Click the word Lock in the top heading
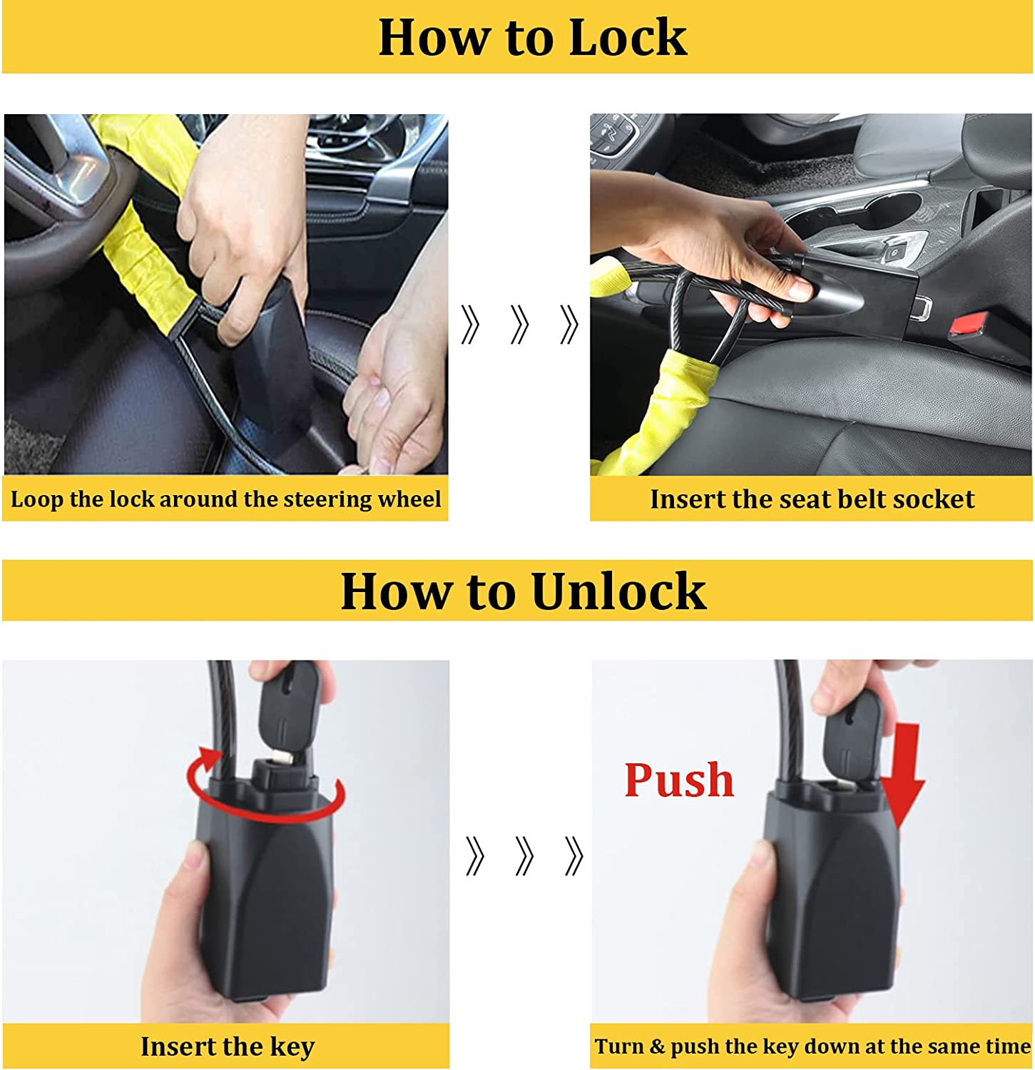(628, 37)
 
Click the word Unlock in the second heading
(618, 591)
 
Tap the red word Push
(679, 780)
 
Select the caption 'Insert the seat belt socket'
(812, 499)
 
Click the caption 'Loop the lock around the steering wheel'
(225, 499)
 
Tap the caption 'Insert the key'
(228, 1046)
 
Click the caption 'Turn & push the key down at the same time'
(812, 1046)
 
